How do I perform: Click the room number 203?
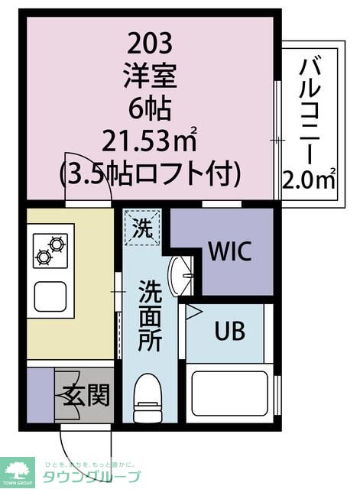tap(150, 40)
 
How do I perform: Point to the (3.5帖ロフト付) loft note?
tap(150, 174)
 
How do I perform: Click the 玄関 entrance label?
tap(85, 396)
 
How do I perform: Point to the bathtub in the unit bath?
tap(229, 393)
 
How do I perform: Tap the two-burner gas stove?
tap(50, 252)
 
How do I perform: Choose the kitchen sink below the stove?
tap(50, 295)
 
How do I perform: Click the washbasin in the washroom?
tap(180, 277)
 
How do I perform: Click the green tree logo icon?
tap(18, 470)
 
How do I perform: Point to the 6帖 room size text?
tap(150, 108)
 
